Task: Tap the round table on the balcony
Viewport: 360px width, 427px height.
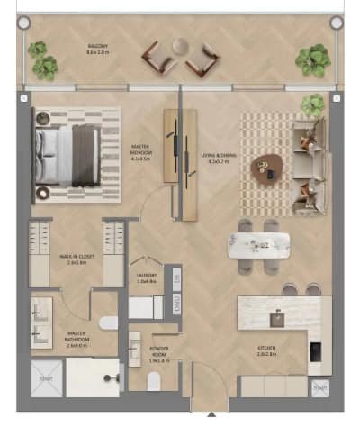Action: click(180, 45)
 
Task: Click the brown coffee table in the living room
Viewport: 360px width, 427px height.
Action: click(265, 165)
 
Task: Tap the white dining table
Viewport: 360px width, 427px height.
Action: click(258, 244)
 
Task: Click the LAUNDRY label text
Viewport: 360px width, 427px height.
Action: click(148, 277)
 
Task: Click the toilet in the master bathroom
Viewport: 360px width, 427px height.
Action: click(107, 322)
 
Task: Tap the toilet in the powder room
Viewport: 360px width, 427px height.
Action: click(135, 347)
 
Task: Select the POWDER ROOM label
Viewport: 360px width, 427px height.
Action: click(163, 355)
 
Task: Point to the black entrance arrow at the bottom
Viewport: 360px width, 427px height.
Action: click(211, 415)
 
